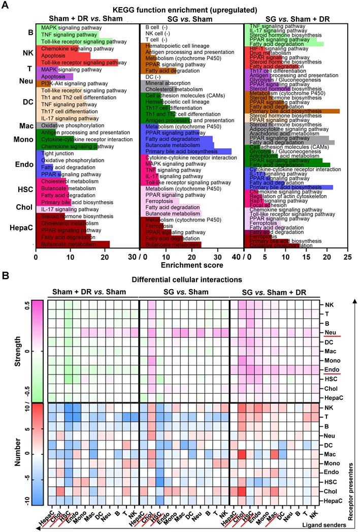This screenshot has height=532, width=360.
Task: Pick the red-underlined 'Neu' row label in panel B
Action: (326, 332)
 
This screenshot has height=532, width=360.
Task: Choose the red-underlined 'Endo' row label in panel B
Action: (327, 369)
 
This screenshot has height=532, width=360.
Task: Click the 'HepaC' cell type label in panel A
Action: (19, 229)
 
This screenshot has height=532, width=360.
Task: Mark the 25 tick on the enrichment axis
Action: (348, 257)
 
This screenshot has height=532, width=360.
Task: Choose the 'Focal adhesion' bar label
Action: (264, 205)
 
